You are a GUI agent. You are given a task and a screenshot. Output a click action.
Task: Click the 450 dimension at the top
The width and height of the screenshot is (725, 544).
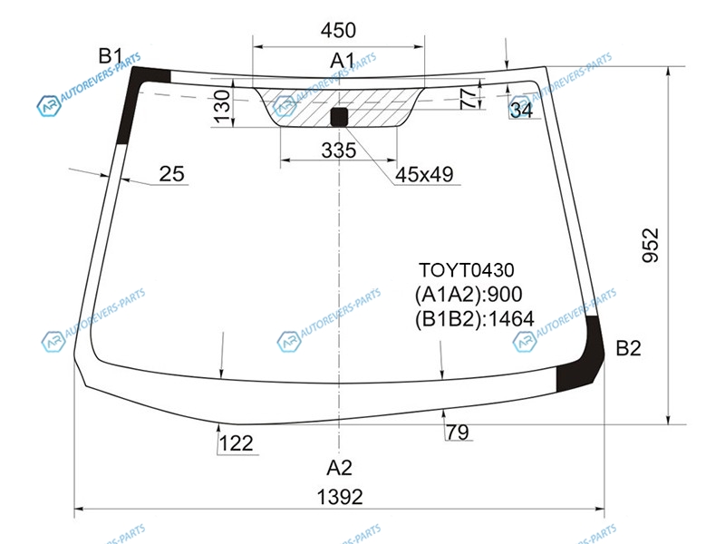coord(338,31)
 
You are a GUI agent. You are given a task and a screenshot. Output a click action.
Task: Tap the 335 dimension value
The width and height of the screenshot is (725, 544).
coord(338,151)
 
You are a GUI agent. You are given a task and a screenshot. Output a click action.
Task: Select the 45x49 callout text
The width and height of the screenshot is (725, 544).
coord(424,174)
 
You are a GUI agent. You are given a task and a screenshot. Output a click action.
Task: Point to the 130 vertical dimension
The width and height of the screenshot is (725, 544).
coord(223,107)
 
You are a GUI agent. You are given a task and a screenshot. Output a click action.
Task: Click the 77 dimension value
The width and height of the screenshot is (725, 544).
coord(468,98)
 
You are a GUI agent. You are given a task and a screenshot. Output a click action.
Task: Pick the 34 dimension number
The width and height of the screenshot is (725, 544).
coord(522,110)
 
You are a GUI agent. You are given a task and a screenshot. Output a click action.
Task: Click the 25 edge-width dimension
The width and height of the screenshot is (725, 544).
coord(171,174)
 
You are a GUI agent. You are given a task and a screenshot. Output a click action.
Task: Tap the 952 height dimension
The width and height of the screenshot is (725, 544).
coord(651,245)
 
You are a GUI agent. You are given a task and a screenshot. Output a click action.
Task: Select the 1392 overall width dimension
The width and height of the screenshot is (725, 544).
coord(340,497)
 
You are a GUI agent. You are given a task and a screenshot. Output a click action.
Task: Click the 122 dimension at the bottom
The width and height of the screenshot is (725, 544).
coord(236,443)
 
